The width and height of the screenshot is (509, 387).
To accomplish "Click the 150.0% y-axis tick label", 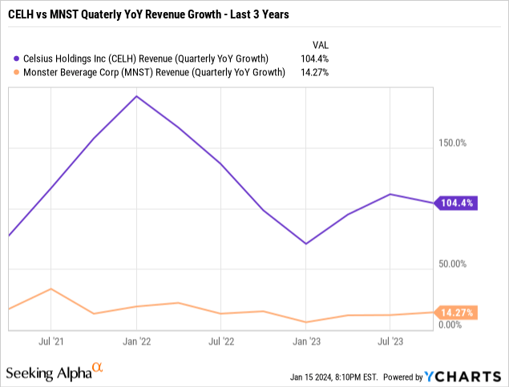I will point(451,143).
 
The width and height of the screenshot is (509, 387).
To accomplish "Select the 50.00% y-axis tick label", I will point(451,264).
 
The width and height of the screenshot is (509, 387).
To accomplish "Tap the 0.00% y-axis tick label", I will point(450,325).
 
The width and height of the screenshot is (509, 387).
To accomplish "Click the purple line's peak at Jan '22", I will point(136,96).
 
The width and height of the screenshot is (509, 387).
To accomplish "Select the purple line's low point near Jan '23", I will point(305,244).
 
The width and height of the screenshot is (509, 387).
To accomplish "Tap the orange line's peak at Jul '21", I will point(51,288).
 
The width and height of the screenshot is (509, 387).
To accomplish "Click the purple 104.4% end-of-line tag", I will point(457,204).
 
